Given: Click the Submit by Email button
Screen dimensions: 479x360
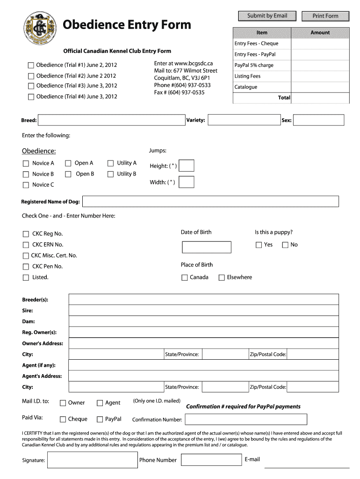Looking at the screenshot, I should point(267,16).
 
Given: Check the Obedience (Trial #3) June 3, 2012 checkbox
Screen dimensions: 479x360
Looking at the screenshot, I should point(31,86).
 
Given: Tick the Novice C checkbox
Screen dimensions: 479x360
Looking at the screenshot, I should point(26,185).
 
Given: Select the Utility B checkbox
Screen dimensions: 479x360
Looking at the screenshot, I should point(111,174).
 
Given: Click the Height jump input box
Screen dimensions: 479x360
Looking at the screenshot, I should point(187,166).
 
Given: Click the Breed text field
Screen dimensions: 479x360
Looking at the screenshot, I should point(111,121).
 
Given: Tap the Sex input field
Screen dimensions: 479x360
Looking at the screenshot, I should point(318,121).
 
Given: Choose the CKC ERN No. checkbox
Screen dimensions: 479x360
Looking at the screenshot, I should point(26,245).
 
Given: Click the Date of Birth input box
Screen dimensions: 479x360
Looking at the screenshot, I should point(206,247).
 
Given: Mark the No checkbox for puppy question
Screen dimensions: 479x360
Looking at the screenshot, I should point(285,245).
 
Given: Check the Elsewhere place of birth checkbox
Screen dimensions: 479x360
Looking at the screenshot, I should point(222,277).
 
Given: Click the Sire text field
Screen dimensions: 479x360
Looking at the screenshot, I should point(203,311).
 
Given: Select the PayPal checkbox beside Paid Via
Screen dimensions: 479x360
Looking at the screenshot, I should point(100,419).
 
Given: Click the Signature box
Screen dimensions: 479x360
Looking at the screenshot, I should point(92,460).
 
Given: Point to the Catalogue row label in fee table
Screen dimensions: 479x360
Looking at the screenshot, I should point(246,87).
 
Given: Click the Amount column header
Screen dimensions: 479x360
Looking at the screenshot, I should point(320,33).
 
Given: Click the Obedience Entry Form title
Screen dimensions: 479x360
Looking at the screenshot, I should point(127,25).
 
